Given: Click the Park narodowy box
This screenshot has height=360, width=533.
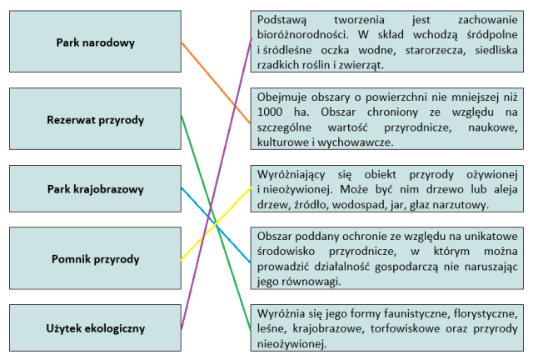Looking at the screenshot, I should pyautogui.click(x=95, y=42).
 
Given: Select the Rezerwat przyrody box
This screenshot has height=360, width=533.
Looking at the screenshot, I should pyautogui.click(x=95, y=120).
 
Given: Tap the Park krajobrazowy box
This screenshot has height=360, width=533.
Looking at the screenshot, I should pyautogui.click(x=95, y=188).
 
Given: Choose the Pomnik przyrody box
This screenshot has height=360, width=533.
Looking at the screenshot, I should pyautogui.click(x=95, y=259).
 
